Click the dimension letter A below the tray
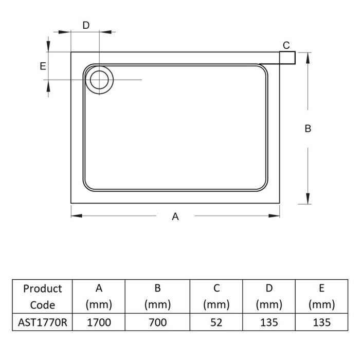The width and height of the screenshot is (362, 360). click(175, 217)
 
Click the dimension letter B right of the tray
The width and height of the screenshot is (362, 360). click(307, 129)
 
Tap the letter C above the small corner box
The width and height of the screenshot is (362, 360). click(286, 45)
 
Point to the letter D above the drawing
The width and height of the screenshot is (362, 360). click(86, 25)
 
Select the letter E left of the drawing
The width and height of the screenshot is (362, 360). click(43, 66)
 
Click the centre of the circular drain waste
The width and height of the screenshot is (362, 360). click(99, 80)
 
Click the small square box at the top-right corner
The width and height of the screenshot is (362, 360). click(287, 58)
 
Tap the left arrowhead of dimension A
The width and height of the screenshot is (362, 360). click(77, 215)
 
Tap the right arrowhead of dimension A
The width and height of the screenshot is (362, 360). click(274, 215)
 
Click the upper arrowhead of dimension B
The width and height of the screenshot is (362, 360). click(307, 58)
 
